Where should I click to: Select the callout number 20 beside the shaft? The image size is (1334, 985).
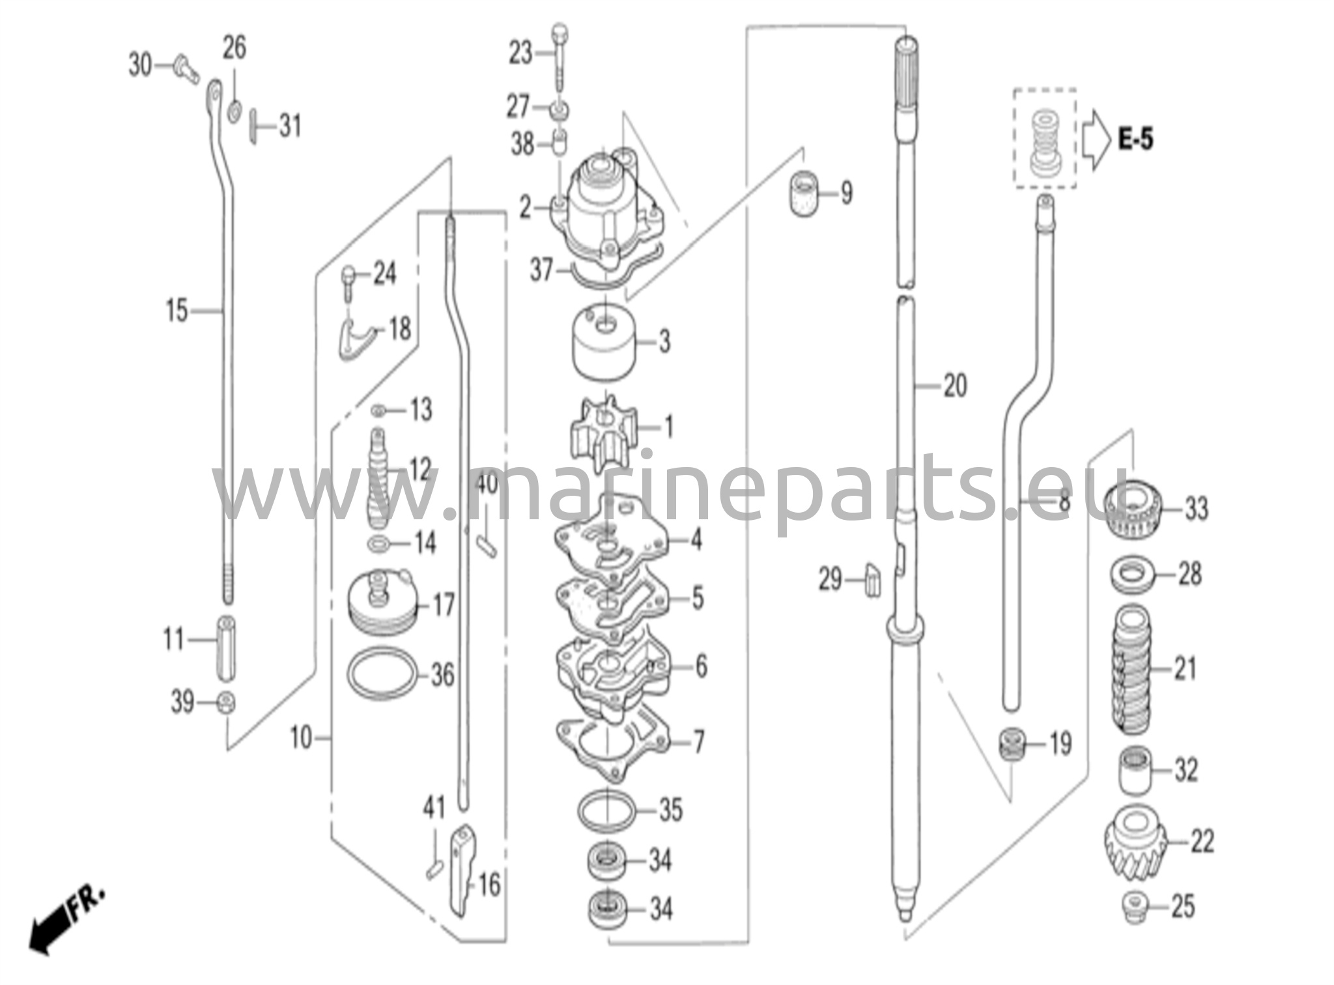(x=955, y=386)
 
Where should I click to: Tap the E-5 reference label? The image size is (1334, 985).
(x=1135, y=139)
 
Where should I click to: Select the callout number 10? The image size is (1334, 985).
(x=301, y=739)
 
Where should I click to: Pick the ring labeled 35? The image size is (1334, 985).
(x=606, y=810)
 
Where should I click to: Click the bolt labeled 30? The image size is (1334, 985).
(x=186, y=69)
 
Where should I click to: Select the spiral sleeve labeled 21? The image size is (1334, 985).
(x=1135, y=669)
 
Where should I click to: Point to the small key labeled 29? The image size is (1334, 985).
(x=872, y=580)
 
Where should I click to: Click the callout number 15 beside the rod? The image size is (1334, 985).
(x=177, y=311)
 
